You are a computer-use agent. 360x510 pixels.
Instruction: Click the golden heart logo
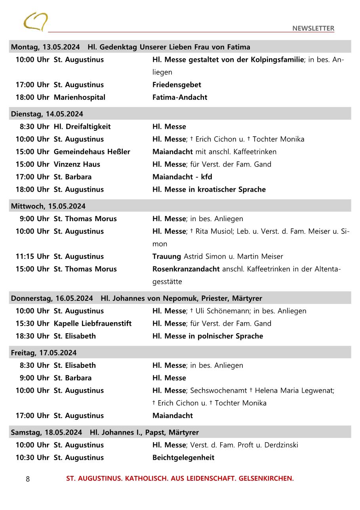pos(35,21)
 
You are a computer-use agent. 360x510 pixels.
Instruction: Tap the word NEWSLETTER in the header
pos(313,29)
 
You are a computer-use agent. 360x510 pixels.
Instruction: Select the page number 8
pos(28,479)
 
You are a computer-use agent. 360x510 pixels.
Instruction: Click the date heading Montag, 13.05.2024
pos(45,47)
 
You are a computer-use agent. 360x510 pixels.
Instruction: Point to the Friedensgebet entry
pos(177,85)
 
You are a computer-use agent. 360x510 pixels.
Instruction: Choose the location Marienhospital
pos(79,97)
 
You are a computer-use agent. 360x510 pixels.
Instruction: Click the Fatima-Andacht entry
pos(180,97)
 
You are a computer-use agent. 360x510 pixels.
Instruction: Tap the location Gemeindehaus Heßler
pos(92,152)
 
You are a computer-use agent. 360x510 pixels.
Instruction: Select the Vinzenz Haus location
pos(77,164)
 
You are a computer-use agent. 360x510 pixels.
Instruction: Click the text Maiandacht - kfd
pos(182,177)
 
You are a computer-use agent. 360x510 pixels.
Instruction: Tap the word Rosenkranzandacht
pos(186,269)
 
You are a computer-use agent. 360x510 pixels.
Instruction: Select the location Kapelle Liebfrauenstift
pos(93,324)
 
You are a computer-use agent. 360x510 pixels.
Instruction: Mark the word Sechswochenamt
pos(219,391)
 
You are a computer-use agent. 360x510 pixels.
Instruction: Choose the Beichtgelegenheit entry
pos(183,458)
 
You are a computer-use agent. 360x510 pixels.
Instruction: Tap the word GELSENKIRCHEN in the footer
pos(266,479)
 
